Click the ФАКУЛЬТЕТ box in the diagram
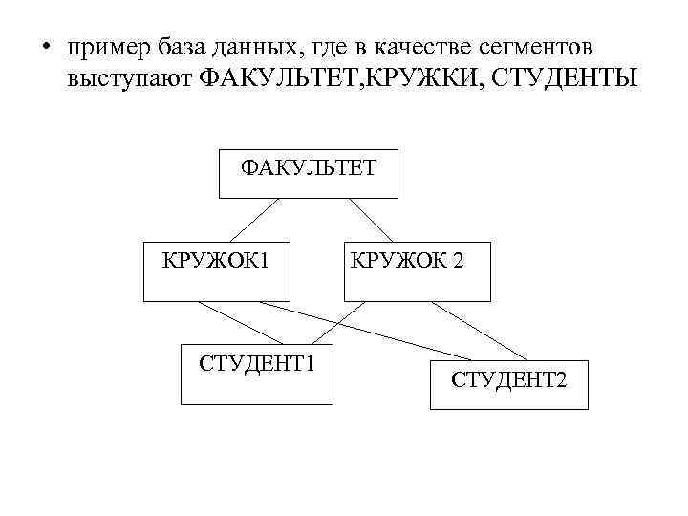[308, 173]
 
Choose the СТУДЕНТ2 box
[508, 385]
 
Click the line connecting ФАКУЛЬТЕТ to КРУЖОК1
[254, 219]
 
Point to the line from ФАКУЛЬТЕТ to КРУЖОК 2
[370, 219]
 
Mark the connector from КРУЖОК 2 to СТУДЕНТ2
[478, 331]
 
